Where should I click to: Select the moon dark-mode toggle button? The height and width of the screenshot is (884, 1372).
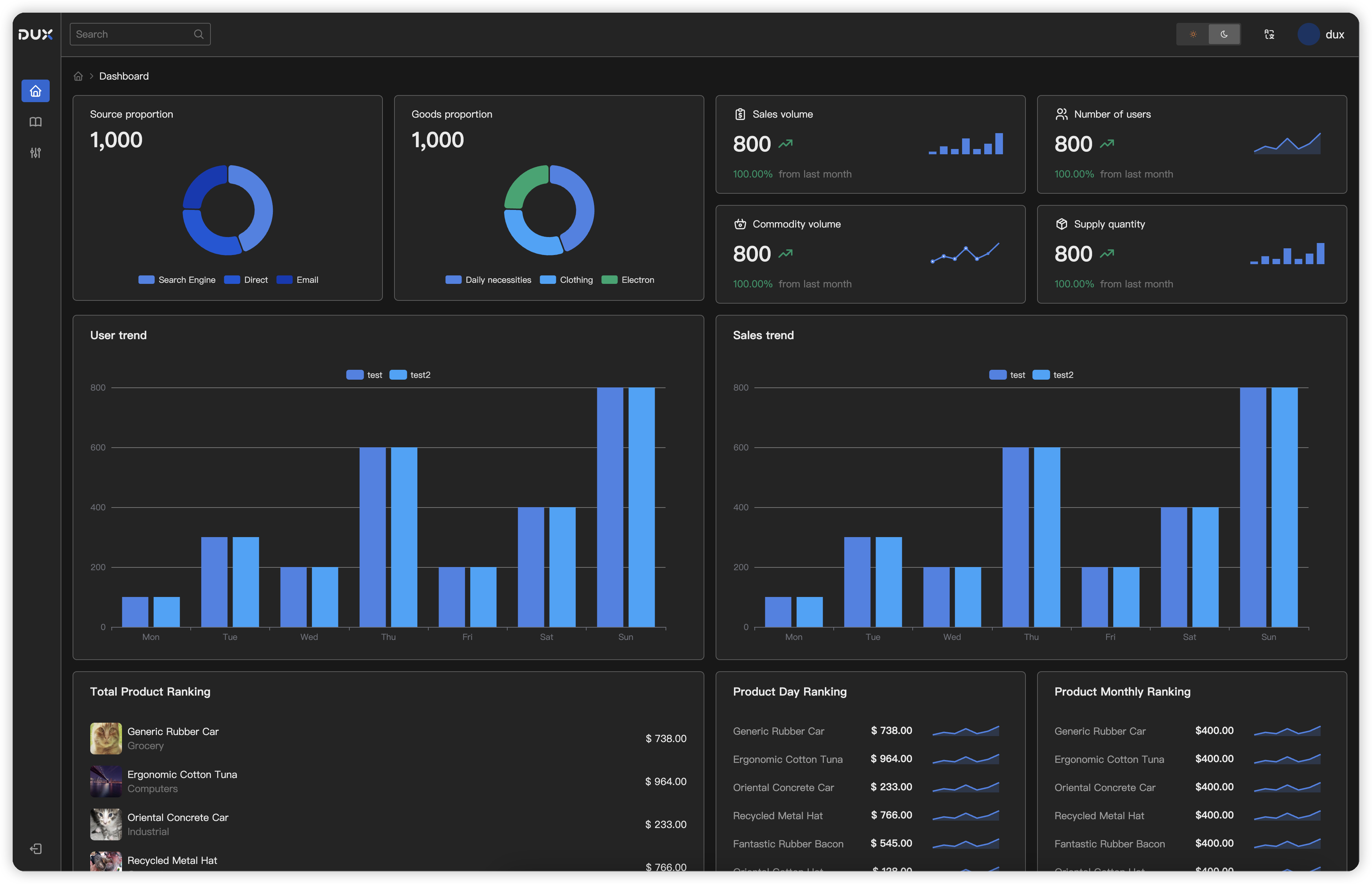[1224, 35]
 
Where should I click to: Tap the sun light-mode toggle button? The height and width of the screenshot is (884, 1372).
[1193, 35]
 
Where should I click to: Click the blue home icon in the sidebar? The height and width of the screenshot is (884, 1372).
[36, 91]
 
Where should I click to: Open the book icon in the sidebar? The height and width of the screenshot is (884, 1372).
[36, 122]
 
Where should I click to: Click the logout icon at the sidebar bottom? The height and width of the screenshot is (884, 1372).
[36, 848]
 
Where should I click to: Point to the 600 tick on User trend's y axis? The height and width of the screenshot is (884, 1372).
[98, 447]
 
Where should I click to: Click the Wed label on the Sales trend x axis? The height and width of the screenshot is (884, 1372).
[951, 637]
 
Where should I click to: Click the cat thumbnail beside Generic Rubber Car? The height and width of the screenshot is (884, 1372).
[106, 738]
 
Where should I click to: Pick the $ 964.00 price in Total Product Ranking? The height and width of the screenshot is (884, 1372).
[665, 781]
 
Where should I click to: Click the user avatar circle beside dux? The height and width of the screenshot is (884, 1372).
[1308, 35]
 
